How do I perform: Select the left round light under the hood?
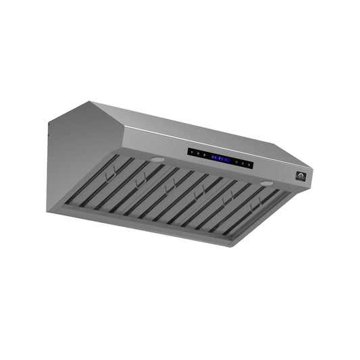pos(157,159)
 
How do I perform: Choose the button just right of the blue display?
pos(237,161)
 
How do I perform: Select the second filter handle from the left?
pos(140,181)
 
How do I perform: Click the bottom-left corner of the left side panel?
pos(49,211)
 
